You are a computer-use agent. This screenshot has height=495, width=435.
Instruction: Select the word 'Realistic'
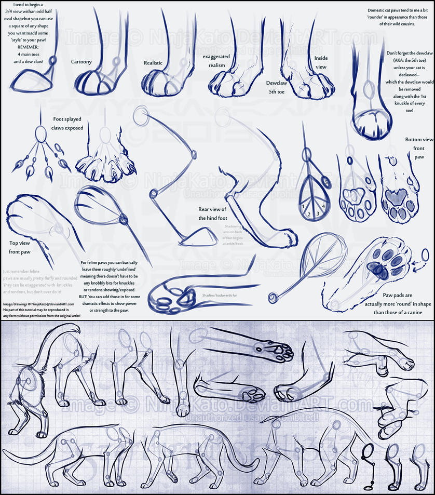click(153, 63)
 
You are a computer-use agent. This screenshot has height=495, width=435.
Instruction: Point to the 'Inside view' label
click(321, 63)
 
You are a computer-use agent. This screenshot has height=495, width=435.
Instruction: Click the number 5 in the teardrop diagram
click(325, 182)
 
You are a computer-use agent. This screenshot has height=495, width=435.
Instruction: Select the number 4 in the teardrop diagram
click(323, 206)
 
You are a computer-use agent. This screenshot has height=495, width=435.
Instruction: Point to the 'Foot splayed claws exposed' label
click(67, 123)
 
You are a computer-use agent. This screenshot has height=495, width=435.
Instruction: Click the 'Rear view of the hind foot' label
click(213, 214)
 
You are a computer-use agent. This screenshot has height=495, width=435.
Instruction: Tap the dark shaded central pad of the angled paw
click(375, 268)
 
